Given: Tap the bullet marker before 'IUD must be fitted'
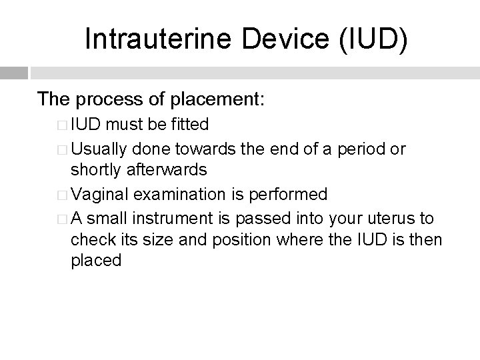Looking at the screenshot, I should coord(62,125).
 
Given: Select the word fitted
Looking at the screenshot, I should coord(189,125).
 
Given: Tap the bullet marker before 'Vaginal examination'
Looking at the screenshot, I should coord(62,195).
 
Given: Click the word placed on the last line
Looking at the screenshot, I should coord(96,261).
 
